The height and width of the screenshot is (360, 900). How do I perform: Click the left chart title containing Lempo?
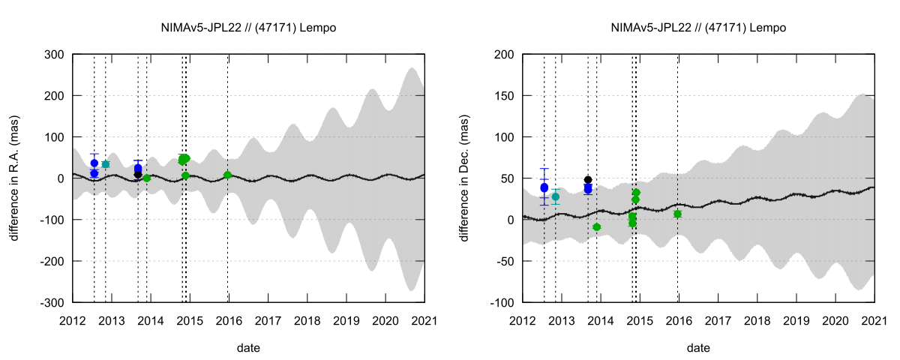248,28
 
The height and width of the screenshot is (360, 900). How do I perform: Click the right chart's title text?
698,28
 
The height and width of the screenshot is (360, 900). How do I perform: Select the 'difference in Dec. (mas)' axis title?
466,178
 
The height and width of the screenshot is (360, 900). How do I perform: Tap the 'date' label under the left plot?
248,348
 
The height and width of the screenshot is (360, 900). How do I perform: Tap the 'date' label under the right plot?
698,348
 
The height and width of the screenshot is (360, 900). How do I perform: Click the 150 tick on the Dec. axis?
504,96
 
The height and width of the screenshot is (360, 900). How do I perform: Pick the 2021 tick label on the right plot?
874,320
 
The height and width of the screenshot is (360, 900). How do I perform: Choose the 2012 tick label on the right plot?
523,320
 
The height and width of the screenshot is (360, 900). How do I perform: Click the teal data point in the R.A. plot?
105,164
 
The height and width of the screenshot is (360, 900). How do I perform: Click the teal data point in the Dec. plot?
555,197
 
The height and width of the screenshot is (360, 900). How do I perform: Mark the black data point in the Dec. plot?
588,180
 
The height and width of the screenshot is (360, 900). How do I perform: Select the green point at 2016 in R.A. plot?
228,175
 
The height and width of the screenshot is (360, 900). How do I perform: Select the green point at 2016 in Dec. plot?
677,214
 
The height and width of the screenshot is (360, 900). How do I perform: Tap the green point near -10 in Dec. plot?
597,226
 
